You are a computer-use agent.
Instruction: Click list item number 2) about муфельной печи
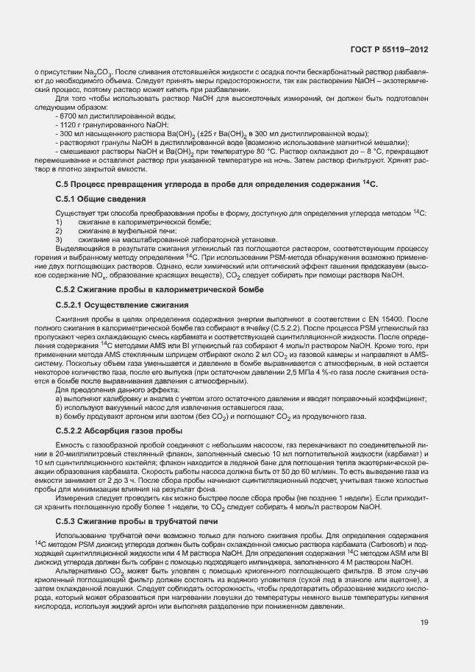pos(59,231)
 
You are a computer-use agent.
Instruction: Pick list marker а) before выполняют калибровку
pos(58,398)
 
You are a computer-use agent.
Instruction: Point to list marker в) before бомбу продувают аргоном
pos(58,416)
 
